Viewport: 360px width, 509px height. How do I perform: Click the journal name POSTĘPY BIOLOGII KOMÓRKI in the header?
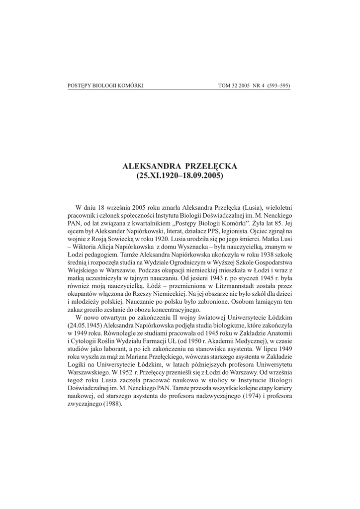[x=105, y=85]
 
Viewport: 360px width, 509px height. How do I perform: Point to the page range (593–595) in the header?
[x=276, y=85]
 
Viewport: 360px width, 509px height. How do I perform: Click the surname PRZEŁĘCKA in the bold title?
[x=204, y=167]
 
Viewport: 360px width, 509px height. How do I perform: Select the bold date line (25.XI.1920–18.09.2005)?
[x=180, y=176]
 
